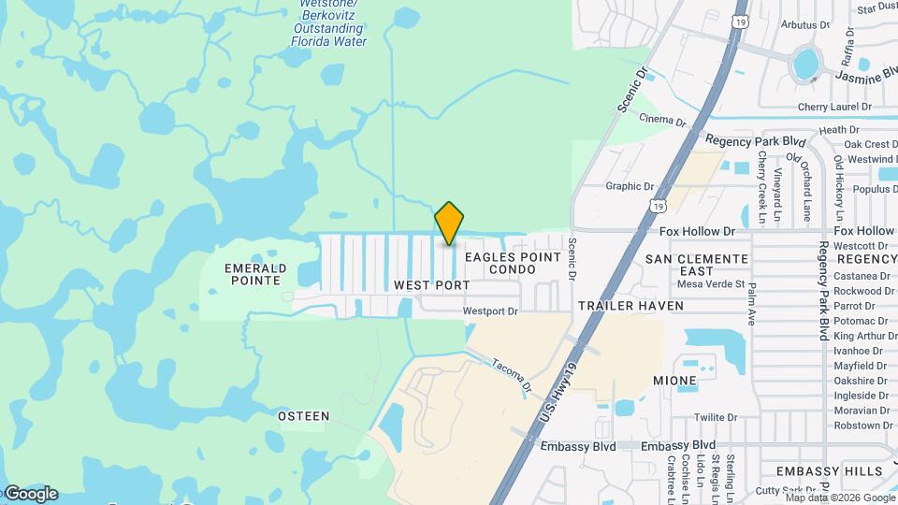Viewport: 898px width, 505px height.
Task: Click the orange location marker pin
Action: (x=449, y=224)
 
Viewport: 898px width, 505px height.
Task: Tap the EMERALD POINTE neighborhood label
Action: (x=253, y=274)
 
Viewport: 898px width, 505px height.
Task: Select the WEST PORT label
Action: (x=432, y=284)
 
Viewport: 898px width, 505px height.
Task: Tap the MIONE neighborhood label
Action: (x=674, y=381)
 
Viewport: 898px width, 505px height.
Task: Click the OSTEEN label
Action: (x=304, y=415)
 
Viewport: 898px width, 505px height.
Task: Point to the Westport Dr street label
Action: (x=490, y=311)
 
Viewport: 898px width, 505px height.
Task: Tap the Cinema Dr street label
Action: (x=662, y=120)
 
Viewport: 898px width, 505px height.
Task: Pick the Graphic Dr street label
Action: (x=630, y=186)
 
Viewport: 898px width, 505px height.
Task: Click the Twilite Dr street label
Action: (x=717, y=417)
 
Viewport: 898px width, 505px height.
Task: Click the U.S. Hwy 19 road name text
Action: (x=561, y=388)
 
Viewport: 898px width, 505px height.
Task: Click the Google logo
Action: (x=30, y=494)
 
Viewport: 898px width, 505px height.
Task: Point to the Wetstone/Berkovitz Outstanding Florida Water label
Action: (x=327, y=22)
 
